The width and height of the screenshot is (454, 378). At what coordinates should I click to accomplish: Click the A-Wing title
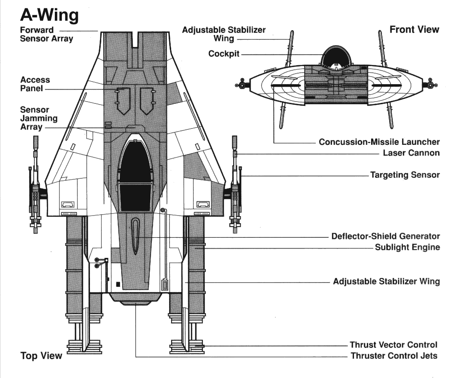click(x=49, y=15)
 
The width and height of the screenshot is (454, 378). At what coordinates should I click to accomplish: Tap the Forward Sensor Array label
click(x=46, y=34)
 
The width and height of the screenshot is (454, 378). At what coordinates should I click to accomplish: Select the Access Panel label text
click(x=35, y=84)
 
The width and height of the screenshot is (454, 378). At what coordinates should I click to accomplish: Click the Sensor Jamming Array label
click(x=35, y=118)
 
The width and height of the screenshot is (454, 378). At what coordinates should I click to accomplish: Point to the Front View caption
click(x=414, y=29)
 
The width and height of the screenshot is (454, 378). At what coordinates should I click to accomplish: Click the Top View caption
click(x=41, y=356)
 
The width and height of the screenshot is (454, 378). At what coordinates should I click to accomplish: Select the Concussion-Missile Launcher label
click(x=379, y=142)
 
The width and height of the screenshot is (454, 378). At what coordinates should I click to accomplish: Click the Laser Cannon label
click(x=411, y=153)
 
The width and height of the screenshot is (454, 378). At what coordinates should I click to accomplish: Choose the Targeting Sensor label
click(x=405, y=175)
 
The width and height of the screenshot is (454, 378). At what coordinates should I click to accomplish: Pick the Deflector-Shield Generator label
click(x=385, y=237)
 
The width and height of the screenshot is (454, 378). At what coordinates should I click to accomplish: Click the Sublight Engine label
click(x=407, y=247)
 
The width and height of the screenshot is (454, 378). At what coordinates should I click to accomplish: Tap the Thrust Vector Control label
click(x=393, y=345)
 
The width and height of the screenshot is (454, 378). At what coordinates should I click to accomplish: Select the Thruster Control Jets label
click(x=394, y=356)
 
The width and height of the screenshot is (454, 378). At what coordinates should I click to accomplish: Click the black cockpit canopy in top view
click(x=135, y=176)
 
